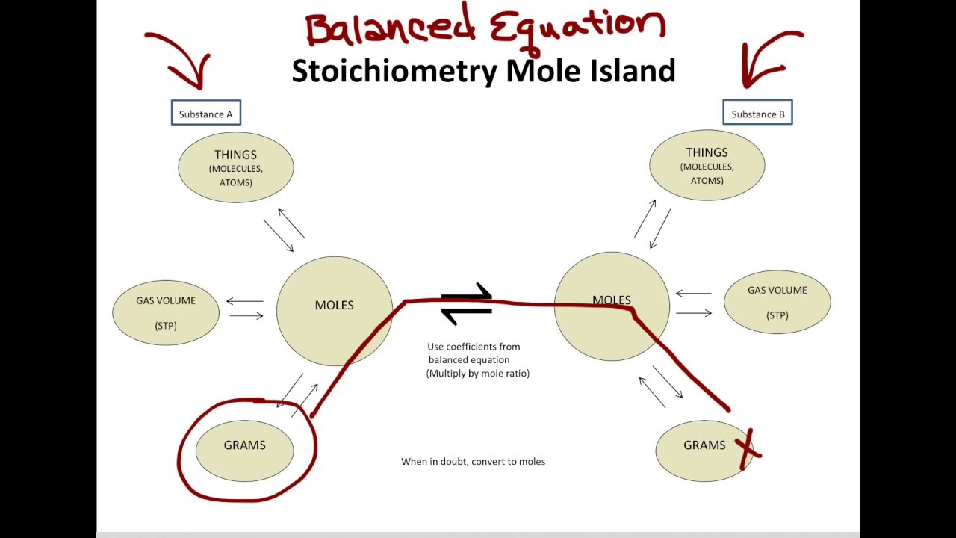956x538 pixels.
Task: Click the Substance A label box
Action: pyautogui.click(x=205, y=114)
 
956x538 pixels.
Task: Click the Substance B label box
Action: pyautogui.click(x=757, y=114)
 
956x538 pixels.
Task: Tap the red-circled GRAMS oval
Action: pyautogui.click(x=244, y=448)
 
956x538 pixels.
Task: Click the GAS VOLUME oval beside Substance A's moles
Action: pyautogui.click(x=166, y=312)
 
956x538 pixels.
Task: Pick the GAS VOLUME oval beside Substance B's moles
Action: pyautogui.click(x=777, y=302)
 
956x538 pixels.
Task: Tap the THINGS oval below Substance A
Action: pyautogui.click(x=235, y=167)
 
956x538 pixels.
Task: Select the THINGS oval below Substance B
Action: pyautogui.click(x=707, y=164)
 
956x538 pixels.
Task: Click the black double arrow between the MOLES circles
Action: pyautogui.click(x=467, y=304)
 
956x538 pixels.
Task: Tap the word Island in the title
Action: pyautogui.click(x=635, y=71)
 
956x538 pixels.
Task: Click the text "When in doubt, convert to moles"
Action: pyautogui.click(x=473, y=462)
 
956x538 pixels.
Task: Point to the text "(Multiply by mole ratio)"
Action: pyautogui.click(x=478, y=373)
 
